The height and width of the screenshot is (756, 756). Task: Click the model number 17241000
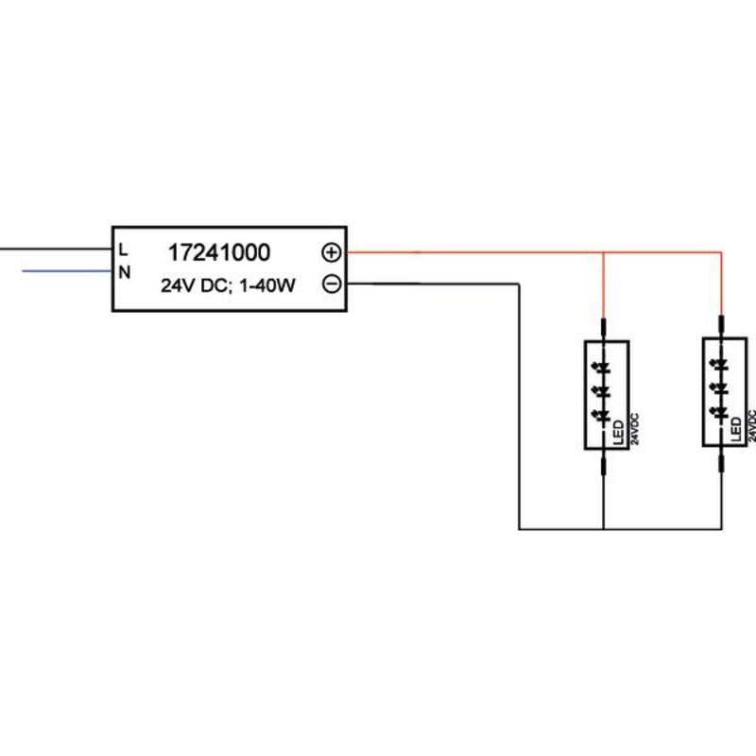point(219,252)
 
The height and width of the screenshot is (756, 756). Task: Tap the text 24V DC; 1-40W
point(228,285)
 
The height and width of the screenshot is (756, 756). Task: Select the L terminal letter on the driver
point(124,249)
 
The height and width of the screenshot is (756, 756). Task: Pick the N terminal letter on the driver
point(125,272)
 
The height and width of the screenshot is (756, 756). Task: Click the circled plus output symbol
point(332,252)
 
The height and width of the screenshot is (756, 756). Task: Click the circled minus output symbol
point(332,283)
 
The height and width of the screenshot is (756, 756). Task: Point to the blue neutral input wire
point(67,271)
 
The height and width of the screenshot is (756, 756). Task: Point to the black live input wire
point(56,249)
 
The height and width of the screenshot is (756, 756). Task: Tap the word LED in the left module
point(618,433)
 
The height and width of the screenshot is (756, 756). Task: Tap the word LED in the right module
point(736,429)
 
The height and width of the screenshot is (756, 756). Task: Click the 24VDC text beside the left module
point(634,429)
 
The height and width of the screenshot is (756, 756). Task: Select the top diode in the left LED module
point(602,369)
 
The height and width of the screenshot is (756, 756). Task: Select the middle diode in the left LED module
point(602,391)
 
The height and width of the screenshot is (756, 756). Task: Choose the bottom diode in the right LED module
point(720,411)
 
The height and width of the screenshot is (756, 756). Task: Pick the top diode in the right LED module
point(720,365)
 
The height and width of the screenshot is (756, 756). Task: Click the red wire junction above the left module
point(603,252)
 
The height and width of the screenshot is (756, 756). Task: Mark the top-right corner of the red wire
point(721,252)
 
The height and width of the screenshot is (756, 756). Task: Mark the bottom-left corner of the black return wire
point(519,529)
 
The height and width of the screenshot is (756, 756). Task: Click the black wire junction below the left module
point(603,529)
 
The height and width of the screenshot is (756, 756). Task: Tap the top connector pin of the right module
point(721,324)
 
